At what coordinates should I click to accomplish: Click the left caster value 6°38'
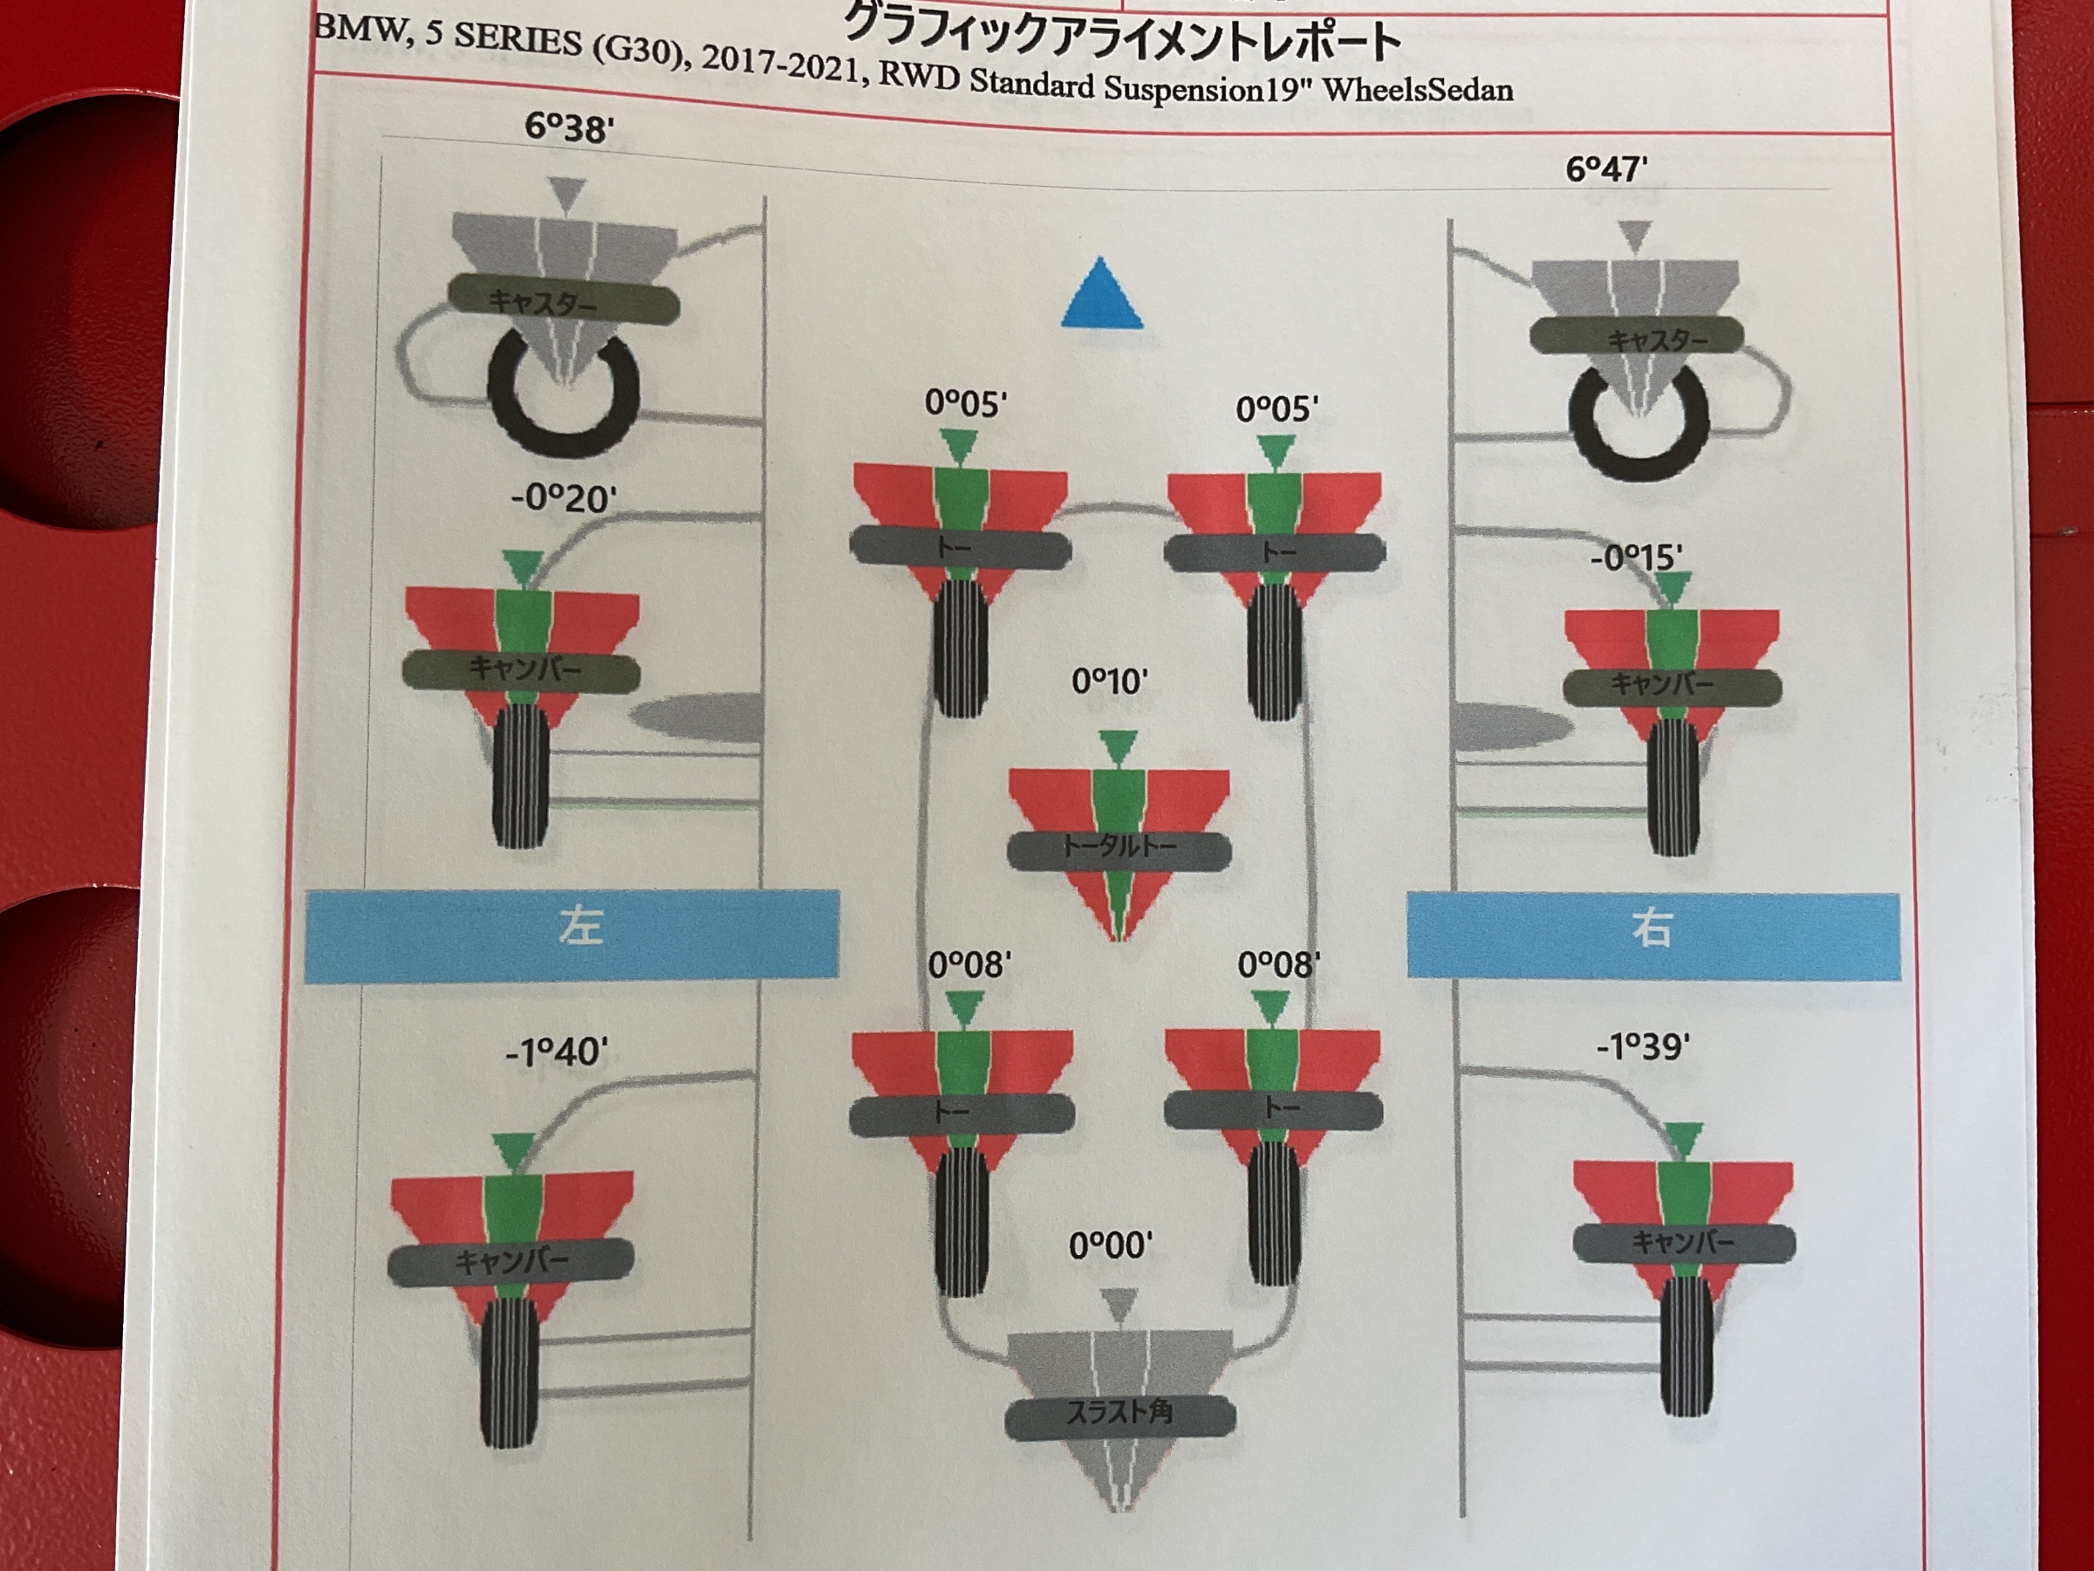(569, 126)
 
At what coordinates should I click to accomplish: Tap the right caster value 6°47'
(1606, 168)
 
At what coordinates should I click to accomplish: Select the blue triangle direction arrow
(1101, 292)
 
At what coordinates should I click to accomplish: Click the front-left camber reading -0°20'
(564, 497)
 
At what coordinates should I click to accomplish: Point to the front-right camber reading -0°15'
(1636, 557)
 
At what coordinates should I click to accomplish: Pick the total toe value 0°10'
(1110, 681)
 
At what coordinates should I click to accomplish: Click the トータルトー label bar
(1119, 848)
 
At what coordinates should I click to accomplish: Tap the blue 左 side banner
(571, 934)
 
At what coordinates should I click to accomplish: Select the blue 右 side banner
(1653, 936)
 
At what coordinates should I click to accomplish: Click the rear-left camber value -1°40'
(557, 1051)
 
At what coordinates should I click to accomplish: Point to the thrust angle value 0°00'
(1111, 1245)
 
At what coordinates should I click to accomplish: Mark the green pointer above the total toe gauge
(1118, 746)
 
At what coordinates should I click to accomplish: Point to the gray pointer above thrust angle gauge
(1120, 1304)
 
